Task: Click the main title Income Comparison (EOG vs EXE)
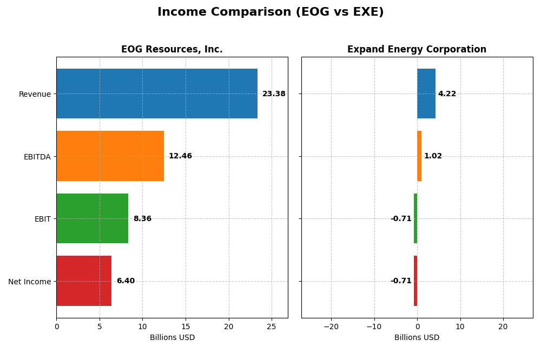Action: pos(270,12)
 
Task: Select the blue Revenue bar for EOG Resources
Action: pos(157,94)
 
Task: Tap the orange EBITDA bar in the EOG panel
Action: pos(110,156)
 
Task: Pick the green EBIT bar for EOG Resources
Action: pos(92,218)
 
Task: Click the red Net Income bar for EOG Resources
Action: pos(84,281)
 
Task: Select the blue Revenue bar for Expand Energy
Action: pos(426,94)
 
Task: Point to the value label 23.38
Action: pos(274,94)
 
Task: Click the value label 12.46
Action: pos(180,156)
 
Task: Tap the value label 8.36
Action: pos(142,219)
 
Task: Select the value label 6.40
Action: pos(126,281)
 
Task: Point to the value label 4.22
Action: pos(447,94)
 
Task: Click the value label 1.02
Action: pos(433,156)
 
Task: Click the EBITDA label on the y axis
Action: pos(37,157)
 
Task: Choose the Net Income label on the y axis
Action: pos(30,282)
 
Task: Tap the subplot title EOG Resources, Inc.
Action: pos(172,50)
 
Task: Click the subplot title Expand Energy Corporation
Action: pos(417,50)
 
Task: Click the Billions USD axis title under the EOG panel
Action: pos(172,338)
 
